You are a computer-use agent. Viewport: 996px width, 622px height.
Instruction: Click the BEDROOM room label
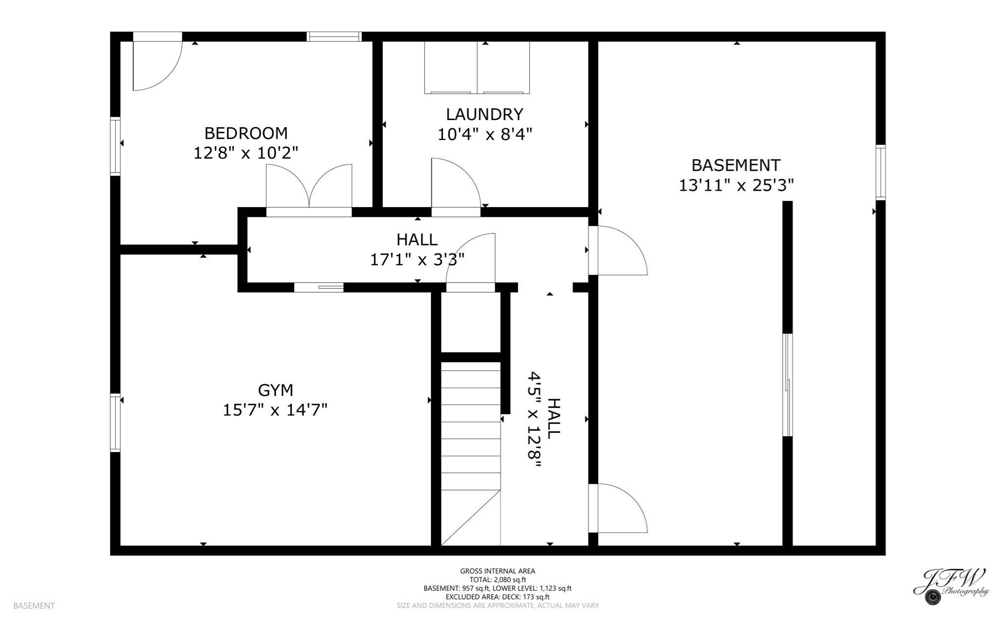click(246, 133)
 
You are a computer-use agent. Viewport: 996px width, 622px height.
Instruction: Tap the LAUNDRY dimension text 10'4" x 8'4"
click(485, 134)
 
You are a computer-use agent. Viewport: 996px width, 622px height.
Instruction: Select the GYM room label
click(275, 390)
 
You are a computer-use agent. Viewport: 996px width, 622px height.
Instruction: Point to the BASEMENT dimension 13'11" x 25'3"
click(736, 185)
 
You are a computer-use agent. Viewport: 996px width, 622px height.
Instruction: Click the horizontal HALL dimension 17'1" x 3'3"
click(417, 260)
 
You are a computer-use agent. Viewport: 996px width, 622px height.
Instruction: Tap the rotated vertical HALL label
click(553, 419)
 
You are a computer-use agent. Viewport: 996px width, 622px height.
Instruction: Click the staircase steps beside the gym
click(470, 438)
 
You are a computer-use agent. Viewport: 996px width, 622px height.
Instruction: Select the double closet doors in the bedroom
click(309, 190)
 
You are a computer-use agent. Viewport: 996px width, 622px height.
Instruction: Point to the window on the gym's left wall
click(115, 423)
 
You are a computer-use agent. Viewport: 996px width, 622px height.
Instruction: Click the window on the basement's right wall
click(880, 172)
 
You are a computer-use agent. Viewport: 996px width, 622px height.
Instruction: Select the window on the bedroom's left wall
click(115, 146)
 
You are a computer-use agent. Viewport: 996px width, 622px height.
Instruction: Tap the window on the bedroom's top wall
click(334, 36)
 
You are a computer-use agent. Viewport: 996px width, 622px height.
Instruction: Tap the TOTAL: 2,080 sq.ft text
click(498, 580)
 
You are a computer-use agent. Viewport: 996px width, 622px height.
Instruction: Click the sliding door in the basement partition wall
click(787, 385)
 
